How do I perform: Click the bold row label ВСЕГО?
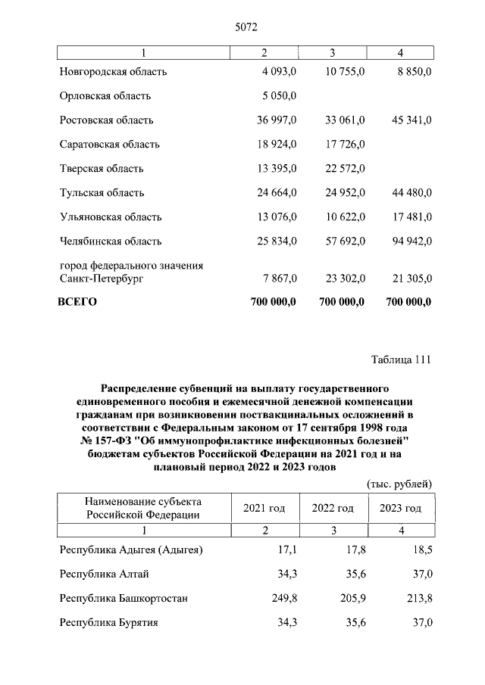coord(78,302)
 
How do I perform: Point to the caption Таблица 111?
coord(401,360)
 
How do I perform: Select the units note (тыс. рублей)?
coord(399,483)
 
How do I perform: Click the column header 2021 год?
coord(264,508)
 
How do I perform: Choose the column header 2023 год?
coord(400,508)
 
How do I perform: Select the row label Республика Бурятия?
coord(108,623)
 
